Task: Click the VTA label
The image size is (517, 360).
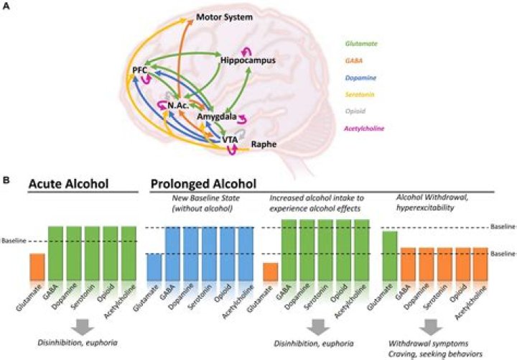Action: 229,139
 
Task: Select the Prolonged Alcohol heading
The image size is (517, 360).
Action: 205,185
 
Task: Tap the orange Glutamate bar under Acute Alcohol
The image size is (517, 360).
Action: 37,267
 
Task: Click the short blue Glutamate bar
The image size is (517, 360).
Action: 154,267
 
